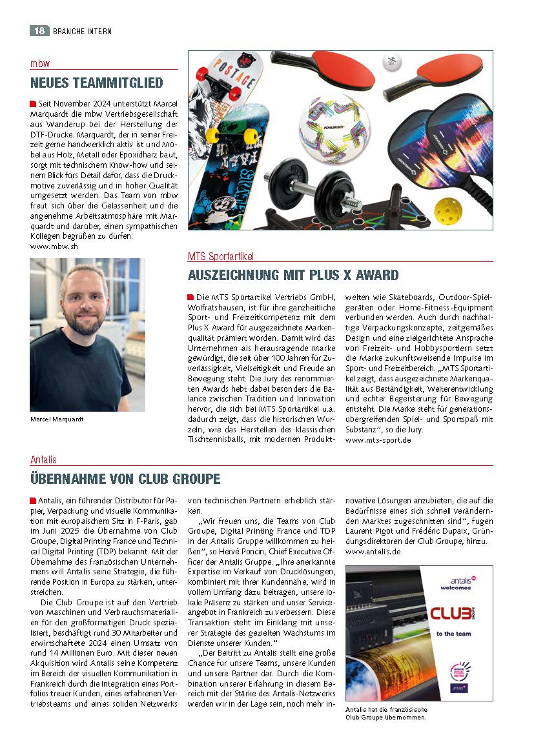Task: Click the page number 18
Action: tap(38, 30)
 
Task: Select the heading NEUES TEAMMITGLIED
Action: tap(97, 83)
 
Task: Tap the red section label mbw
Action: tap(40, 63)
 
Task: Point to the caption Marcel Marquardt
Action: tap(57, 419)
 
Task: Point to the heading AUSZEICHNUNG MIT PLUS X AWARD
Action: tap(293, 275)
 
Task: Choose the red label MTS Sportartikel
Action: tap(221, 256)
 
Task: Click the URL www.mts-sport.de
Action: tap(378, 440)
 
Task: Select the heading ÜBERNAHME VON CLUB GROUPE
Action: tap(125, 479)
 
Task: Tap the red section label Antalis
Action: tap(43, 459)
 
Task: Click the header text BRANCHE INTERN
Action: tap(82, 30)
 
